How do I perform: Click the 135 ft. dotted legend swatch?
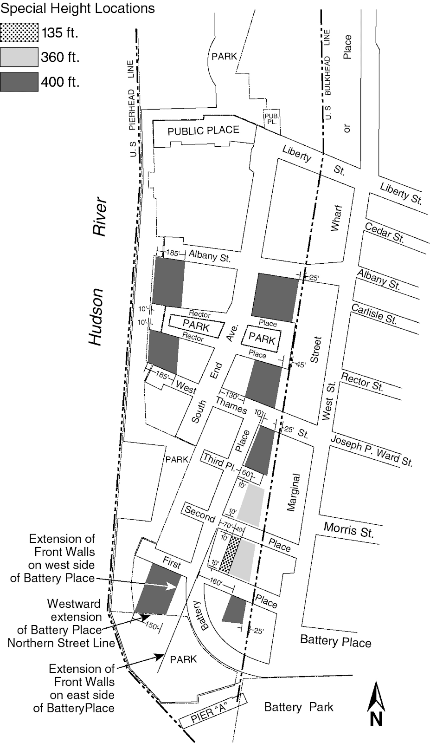[19, 33]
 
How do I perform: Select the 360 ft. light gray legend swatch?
[19, 57]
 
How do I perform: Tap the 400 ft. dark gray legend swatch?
[19, 82]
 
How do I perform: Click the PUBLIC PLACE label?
[203, 130]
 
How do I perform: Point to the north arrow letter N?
[376, 719]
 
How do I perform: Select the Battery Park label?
[299, 707]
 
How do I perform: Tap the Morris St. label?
[348, 529]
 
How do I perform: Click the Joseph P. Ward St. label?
[371, 451]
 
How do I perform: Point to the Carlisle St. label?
[374, 313]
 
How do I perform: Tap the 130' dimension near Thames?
[232, 396]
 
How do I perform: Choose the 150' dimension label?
[151, 626]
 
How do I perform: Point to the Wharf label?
[336, 217]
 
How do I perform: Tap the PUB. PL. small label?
[271, 118]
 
